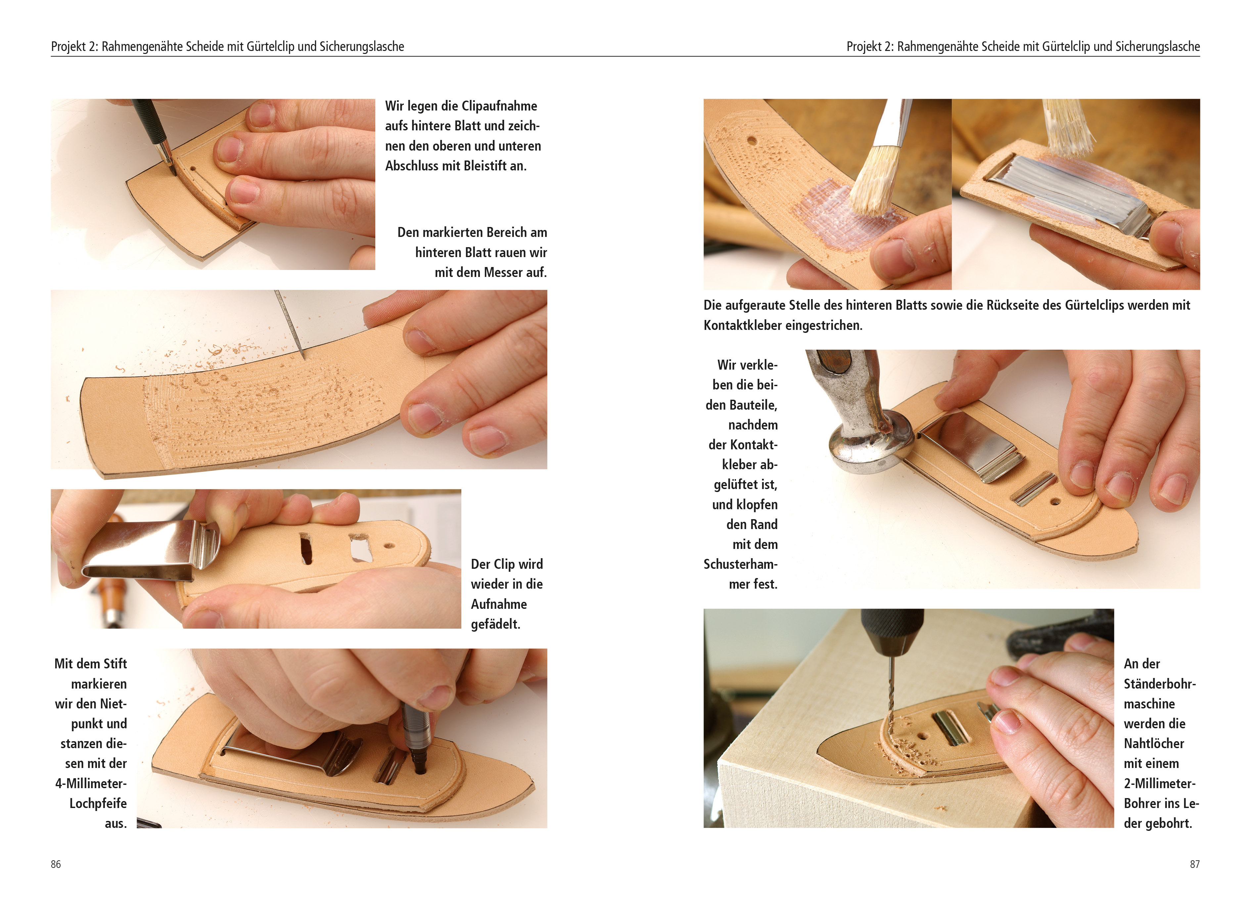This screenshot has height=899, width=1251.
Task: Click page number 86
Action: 56,864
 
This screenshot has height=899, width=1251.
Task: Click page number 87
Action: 1195,864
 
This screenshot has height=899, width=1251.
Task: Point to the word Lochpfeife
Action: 98,804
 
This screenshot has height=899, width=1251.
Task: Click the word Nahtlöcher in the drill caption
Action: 1154,743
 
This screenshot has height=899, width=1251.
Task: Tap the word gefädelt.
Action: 495,624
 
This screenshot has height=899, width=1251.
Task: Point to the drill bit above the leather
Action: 889,690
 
